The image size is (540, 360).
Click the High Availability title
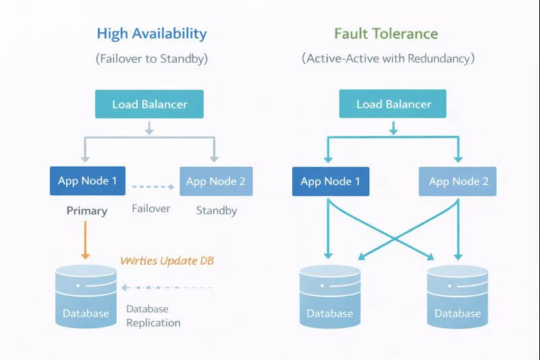(x=152, y=33)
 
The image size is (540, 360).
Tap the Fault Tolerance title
(x=385, y=33)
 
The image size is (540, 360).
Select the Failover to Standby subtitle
(x=152, y=59)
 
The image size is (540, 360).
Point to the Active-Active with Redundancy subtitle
(x=387, y=59)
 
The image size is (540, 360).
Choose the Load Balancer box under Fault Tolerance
(x=394, y=104)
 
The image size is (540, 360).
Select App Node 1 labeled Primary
(x=87, y=181)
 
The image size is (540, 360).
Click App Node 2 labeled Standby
(x=216, y=181)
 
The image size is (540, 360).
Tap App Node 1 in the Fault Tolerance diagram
(x=330, y=181)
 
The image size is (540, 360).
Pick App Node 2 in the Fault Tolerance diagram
(x=458, y=181)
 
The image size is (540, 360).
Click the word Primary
(x=87, y=211)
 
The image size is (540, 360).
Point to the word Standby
(x=216, y=211)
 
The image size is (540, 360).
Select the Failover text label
(x=151, y=209)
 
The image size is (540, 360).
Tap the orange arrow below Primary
(x=85, y=239)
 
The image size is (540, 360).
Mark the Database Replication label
(x=154, y=315)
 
